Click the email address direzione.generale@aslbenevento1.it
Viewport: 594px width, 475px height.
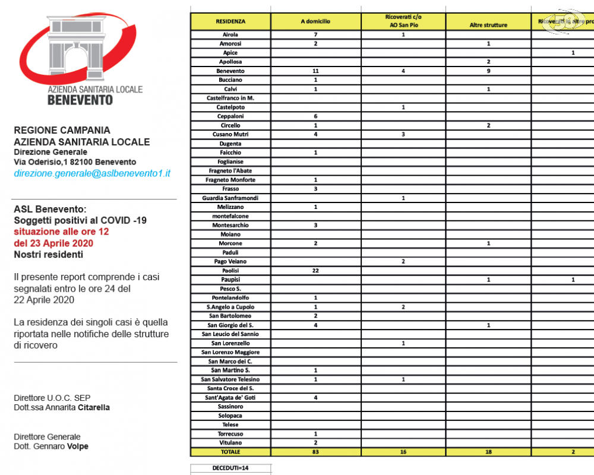(x=92, y=173)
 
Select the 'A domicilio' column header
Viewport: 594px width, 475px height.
(x=315, y=21)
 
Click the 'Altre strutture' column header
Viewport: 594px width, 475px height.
(x=488, y=26)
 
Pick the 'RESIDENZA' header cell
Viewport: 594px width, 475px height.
(x=230, y=21)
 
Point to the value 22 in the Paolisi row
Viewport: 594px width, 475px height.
(x=315, y=270)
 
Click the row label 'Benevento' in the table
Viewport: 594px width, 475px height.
(x=230, y=71)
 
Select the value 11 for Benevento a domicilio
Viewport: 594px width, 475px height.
(x=315, y=71)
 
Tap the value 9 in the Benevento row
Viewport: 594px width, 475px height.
(x=488, y=71)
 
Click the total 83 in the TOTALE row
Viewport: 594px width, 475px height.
(x=315, y=452)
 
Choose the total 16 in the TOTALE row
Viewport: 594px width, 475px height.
(x=403, y=452)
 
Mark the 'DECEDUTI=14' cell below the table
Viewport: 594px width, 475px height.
(x=230, y=468)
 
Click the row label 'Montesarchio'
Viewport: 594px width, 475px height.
(x=230, y=225)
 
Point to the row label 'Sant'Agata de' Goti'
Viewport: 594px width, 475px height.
(x=230, y=397)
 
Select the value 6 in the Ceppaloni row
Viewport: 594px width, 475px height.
(x=315, y=116)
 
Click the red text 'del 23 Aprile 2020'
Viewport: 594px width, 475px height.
(x=53, y=243)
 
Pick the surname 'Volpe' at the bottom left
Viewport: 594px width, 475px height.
(x=77, y=446)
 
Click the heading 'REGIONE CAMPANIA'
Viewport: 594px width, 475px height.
(x=62, y=130)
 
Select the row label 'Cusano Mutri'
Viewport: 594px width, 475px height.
(x=230, y=134)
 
